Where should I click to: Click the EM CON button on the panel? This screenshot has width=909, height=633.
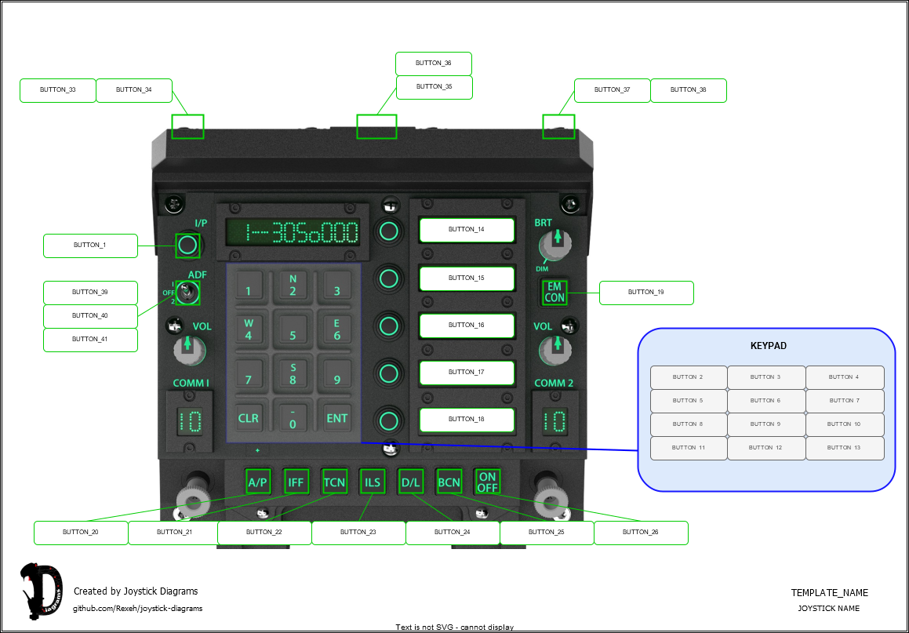pyautogui.click(x=554, y=293)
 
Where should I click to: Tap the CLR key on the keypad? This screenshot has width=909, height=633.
pyautogui.click(x=249, y=418)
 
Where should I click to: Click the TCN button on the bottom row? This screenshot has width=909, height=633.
pyautogui.click(x=335, y=482)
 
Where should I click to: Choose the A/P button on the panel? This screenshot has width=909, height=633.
pyautogui.click(x=257, y=482)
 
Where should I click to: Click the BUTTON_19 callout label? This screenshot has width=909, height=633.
pyautogui.click(x=646, y=293)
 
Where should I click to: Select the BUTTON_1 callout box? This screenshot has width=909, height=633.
pyautogui.click(x=90, y=246)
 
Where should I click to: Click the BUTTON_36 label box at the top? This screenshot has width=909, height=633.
pyautogui.click(x=433, y=64)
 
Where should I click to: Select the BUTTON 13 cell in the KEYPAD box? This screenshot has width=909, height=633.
pyautogui.click(x=844, y=448)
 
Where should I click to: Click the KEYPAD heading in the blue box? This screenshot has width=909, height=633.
pyautogui.click(x=768, y=346)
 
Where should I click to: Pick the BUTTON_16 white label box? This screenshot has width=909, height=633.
pyautogui.click(x=467, y=325)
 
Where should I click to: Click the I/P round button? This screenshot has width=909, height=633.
pyautogui.click(x=187, y=246)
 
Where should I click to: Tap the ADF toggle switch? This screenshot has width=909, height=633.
pyautogui.click(x=187, y=293)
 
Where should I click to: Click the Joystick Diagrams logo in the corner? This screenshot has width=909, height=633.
pyautogui.click(x=40, y=590)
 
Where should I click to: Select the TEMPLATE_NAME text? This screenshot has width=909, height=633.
pyautogui.click(x=829, y=593)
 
